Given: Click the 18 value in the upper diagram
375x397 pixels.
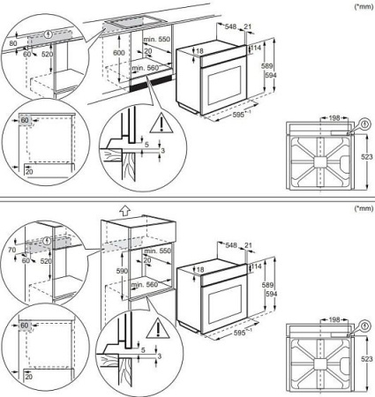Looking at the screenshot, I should click(x=199, y=52).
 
